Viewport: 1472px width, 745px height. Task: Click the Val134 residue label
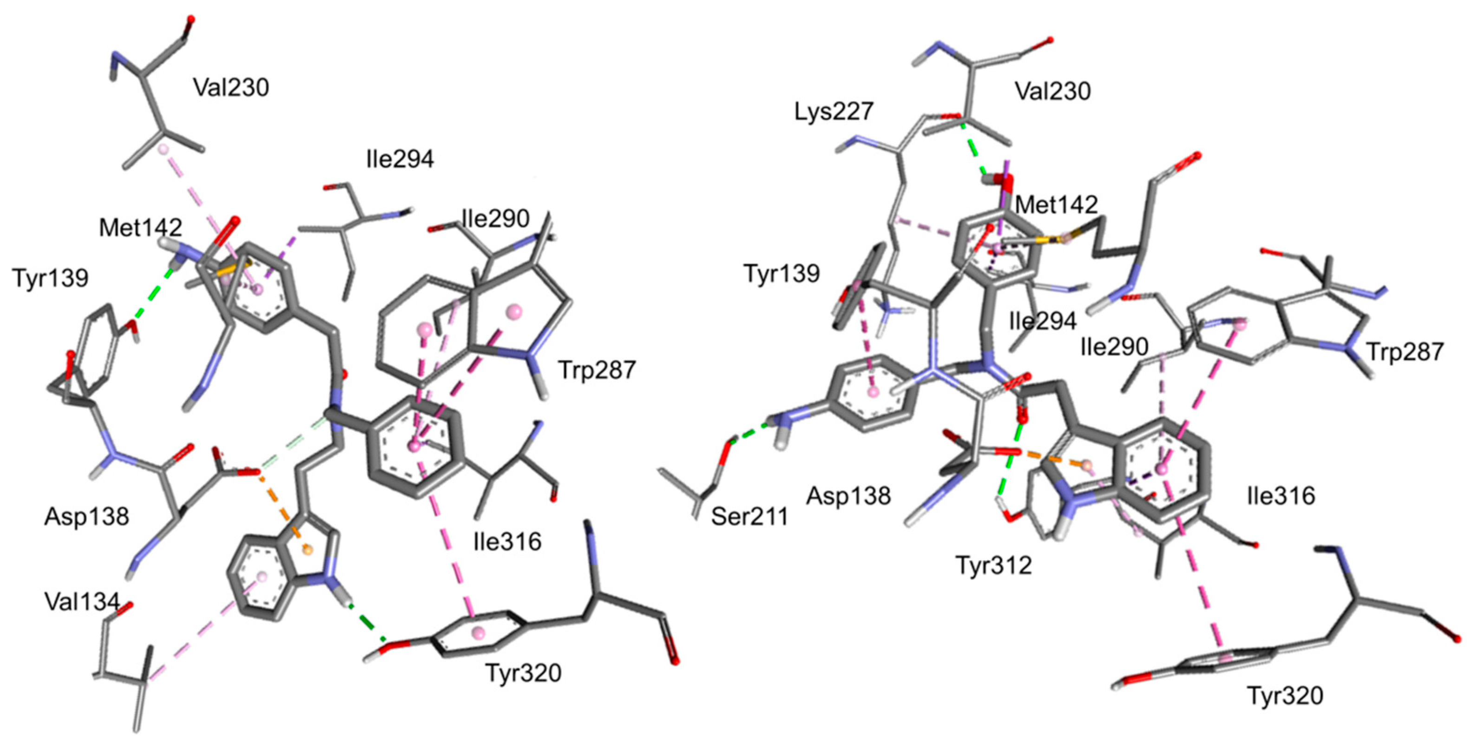point(82,601)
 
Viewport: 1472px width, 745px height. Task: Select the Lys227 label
point(834,112)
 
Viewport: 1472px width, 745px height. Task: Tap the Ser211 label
point(749,516)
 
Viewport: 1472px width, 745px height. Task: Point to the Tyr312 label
point(994,566)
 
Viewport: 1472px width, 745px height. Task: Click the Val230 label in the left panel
point(231,87)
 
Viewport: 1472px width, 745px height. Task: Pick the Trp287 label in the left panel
point(597,370)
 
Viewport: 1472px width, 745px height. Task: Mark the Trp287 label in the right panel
point(1405,352)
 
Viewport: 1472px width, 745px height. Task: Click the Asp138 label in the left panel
point(87,516)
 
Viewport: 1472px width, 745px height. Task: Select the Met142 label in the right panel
point(1056,204)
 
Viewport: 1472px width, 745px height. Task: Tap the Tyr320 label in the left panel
point(523,673)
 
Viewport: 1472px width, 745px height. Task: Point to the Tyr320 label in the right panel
point(1285,696)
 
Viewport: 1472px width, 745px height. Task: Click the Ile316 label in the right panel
point(1281,496)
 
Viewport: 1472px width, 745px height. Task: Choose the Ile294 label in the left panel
point(400,158)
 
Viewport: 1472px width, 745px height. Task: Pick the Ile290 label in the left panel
point(495,218)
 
